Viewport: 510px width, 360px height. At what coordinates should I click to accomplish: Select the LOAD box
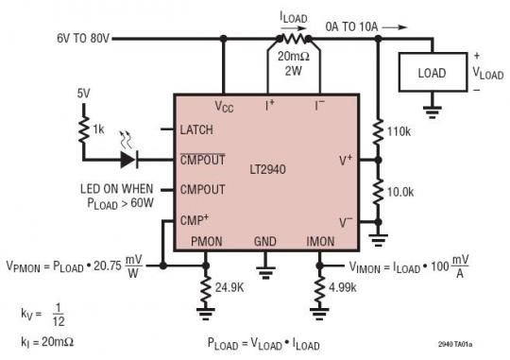point(433,71)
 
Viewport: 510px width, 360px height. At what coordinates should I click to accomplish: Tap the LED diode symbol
point(127,160)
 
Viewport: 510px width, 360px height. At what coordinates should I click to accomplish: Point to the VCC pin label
point(224,105)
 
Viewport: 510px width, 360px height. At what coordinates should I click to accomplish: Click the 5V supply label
point(85,94)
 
